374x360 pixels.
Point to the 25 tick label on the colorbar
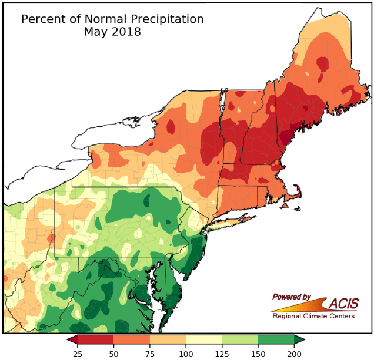[x=76, y=353]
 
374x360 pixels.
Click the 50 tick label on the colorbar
[x=113, y=353]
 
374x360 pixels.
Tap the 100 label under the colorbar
[x=186, y=353]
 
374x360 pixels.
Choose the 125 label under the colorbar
[x=222, y=353]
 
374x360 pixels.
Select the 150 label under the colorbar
[x=258, y=353]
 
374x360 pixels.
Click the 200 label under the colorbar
[x=294, y=353]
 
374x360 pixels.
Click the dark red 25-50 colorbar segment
[x=95, y=339]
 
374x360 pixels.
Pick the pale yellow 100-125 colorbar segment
[x=203, y=339]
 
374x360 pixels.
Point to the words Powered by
[x=291, y=297]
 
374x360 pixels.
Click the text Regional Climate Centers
[x=313, y=316]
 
